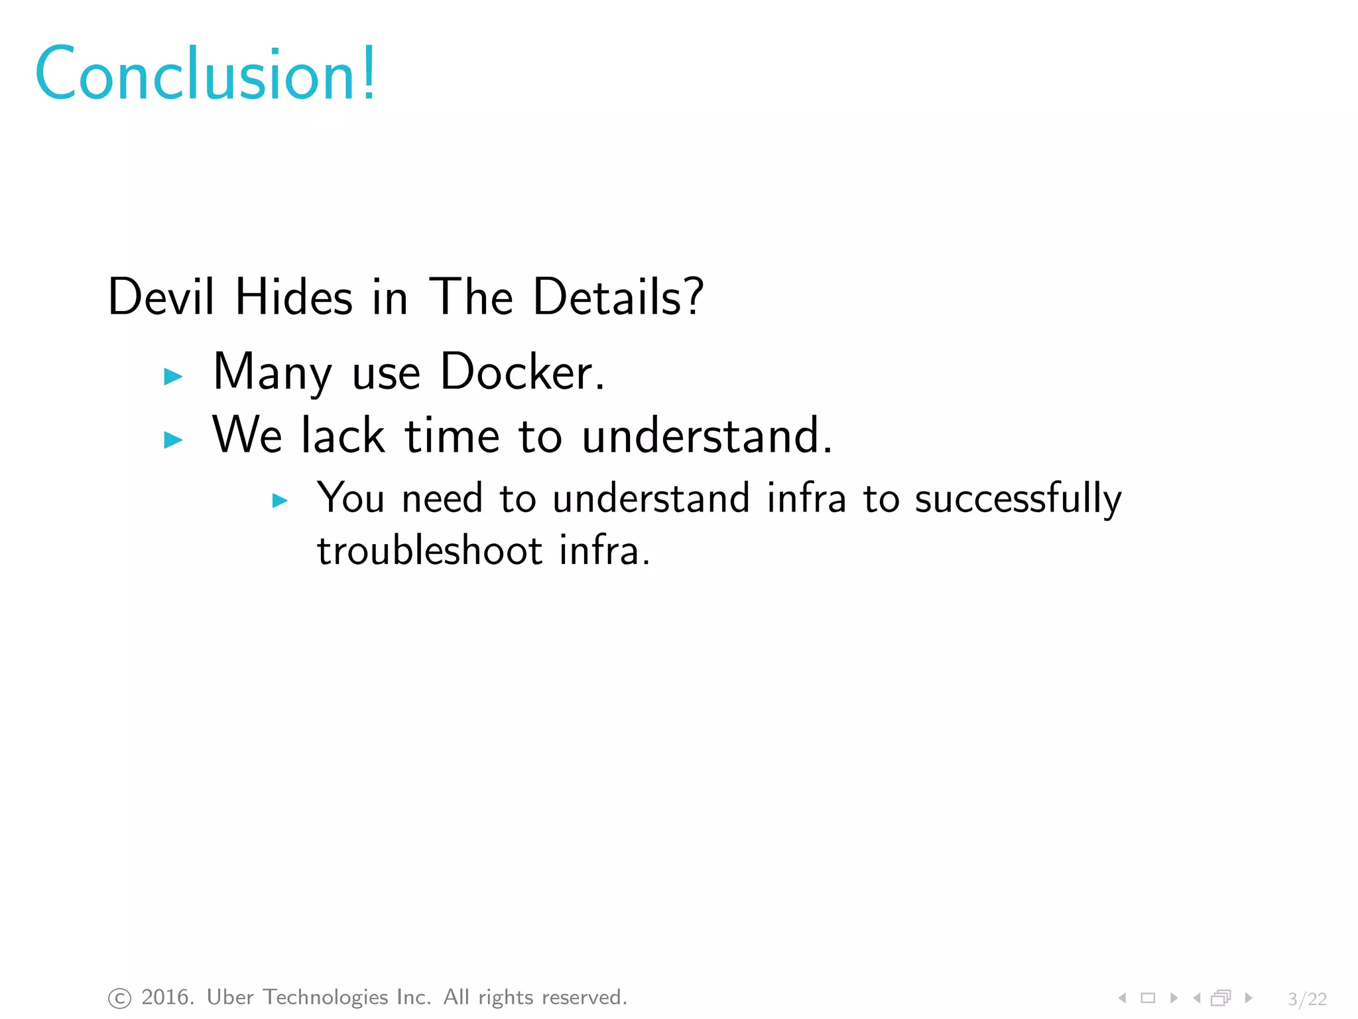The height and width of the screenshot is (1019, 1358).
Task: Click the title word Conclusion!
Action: (206, 74)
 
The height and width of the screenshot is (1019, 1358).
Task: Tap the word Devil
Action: (161, 297)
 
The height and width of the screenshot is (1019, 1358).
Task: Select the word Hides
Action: (294, 297)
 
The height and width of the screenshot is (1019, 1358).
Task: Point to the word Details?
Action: (618, 297)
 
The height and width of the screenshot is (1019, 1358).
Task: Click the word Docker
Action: (522, 372)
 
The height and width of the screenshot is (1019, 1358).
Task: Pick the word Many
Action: (272, 372)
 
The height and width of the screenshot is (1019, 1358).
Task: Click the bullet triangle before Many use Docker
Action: (172, 376)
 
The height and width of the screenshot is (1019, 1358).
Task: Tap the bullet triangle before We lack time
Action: (172, 439)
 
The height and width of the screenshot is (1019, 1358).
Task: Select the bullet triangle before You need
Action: (280, 500)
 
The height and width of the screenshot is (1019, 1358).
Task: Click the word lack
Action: (343, 436)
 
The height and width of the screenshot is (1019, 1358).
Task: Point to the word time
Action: (452, 436)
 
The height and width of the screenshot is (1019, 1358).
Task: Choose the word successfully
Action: (1018, 499)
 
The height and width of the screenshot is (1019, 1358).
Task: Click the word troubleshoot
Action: (430, 551)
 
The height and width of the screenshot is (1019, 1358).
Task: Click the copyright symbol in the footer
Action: (119, 998)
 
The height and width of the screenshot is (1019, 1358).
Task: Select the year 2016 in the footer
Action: (166, 997)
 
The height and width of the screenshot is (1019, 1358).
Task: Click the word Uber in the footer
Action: (230, 997)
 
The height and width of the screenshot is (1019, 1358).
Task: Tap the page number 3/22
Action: (1307, 998)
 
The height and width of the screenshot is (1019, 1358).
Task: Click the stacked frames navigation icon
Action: (1221, 998)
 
